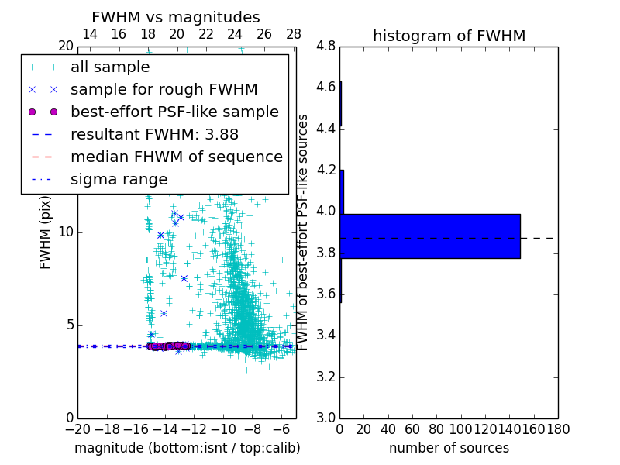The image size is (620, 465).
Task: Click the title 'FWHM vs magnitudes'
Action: [176, 17]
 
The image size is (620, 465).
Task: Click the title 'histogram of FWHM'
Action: [449, 36]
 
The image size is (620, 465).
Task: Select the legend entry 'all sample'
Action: [110, 67]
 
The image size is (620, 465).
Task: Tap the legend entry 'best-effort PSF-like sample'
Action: [174, 112]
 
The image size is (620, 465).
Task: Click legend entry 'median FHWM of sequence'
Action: [176, 157]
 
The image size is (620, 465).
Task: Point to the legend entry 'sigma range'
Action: [119, 180]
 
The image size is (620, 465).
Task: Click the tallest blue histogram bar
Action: [430, 236]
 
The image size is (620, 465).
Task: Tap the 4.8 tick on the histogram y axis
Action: [326, 46]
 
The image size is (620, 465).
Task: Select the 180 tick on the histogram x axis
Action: [558, 429]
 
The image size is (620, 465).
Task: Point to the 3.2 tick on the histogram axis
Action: [326, 377]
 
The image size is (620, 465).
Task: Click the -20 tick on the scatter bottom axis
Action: [77, 429]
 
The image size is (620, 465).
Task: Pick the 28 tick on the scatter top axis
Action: [294, 34]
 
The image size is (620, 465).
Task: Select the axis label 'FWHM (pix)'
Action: [46, 232]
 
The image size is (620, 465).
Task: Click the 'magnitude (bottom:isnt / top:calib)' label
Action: [187, 448]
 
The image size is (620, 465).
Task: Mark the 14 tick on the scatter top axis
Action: [89, 34]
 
